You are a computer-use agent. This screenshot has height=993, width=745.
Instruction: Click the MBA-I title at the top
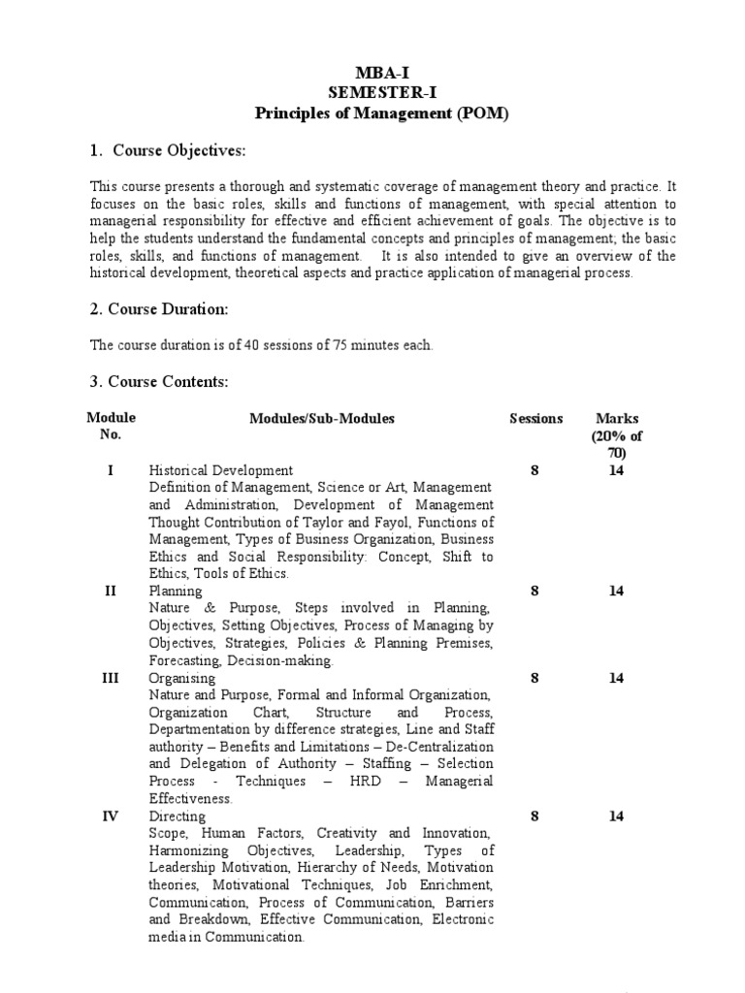tap(380, 75)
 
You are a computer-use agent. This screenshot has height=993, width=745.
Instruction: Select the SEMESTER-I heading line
tap(380, 94)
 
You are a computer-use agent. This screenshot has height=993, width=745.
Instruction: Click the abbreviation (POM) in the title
tap(479, 113)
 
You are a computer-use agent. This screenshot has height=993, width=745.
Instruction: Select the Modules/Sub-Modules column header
tap(322, 419)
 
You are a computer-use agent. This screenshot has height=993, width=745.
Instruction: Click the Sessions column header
tap(535, 419)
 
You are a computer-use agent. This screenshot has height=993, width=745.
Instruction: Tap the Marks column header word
tap(617, 419)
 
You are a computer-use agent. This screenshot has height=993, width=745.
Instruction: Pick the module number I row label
tap(111, 471)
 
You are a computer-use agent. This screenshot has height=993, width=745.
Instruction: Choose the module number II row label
tap(111, 592)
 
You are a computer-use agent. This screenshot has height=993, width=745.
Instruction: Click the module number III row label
tap(111, 679)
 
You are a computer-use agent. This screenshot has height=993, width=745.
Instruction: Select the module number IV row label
tap(111, 817)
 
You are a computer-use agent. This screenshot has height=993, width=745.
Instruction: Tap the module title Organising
tap(181, 679)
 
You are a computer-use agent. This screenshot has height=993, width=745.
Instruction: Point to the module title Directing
tap(178, 817)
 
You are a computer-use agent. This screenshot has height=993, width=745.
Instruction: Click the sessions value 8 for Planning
tap(534, 592)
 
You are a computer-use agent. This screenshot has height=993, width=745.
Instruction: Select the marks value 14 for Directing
tap(616, 817)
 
